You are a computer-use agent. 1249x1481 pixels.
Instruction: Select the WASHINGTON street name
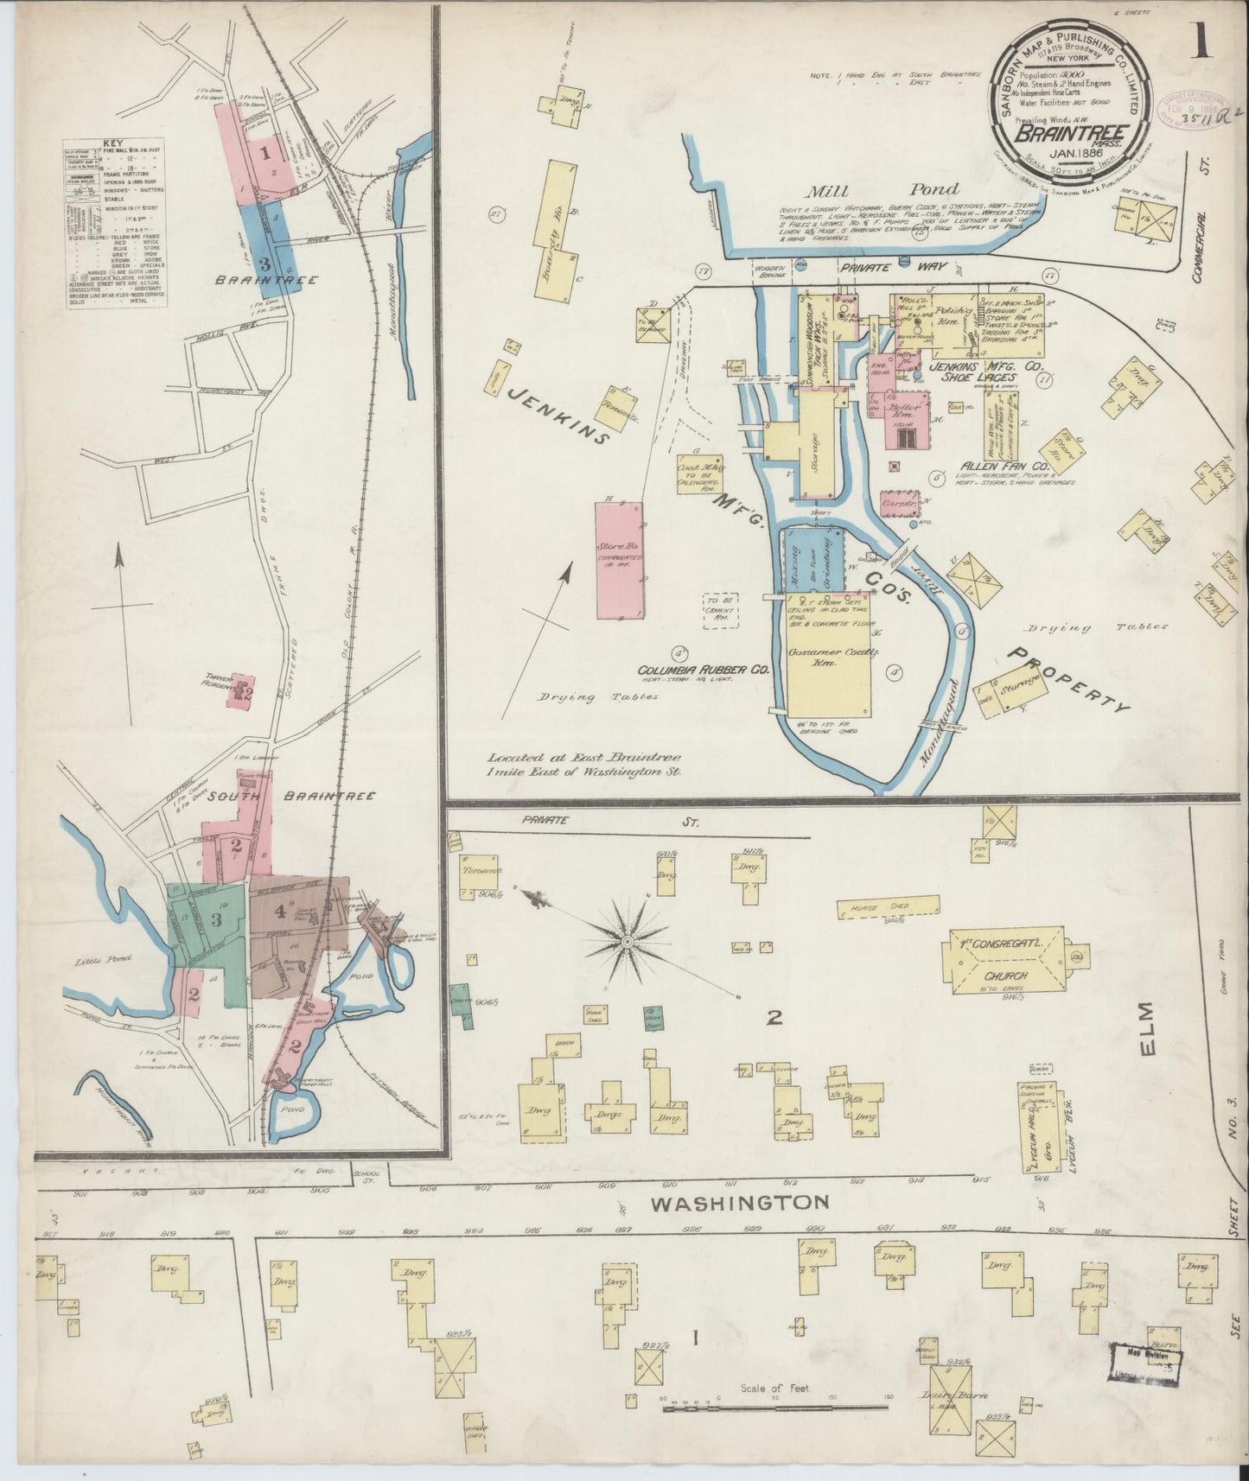coord(740,1202)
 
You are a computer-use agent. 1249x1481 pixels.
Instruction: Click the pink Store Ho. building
coord(619,559)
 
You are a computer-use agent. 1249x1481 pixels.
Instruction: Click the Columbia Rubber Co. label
coord(704,670)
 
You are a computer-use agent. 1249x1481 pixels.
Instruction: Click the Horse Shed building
coord(888,906)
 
